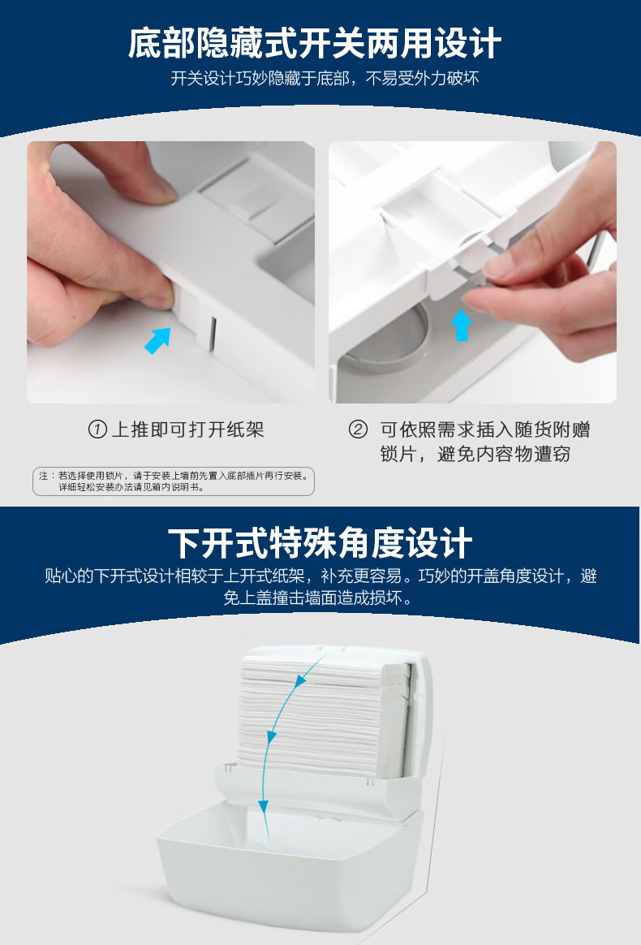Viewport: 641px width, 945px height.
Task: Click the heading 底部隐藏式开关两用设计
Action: [315, 43]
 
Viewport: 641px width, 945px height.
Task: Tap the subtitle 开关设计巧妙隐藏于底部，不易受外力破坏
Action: [325, 79]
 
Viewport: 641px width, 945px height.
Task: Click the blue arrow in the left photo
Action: [158, 340]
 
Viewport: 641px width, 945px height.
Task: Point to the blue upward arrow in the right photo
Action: [461, 326]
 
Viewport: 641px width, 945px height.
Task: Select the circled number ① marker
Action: [97, 429]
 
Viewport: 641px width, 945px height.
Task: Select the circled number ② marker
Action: [358, 429]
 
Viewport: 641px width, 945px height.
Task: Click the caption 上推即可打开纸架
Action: [188, 429]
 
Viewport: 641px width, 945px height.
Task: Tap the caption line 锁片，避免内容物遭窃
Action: [475, 454]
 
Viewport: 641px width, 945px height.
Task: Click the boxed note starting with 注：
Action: [174, 481]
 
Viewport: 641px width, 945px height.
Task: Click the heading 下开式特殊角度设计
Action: [320, 543]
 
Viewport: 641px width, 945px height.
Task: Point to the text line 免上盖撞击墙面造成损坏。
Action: [320, 598]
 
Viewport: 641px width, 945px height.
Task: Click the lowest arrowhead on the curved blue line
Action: [263, 806]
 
